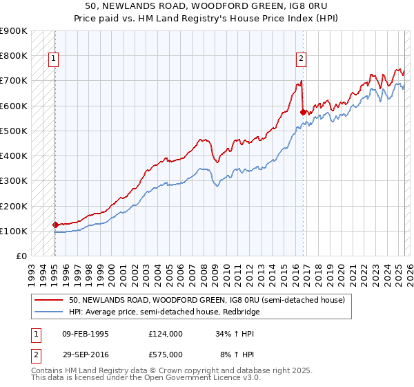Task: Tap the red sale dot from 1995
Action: (x=55, y=225)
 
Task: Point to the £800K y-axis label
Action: (x=14, y=55)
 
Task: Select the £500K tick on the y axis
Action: (x=14, y=131)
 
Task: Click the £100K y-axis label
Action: (x=14, y=231)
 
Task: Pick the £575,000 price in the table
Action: (x=166, y=354)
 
